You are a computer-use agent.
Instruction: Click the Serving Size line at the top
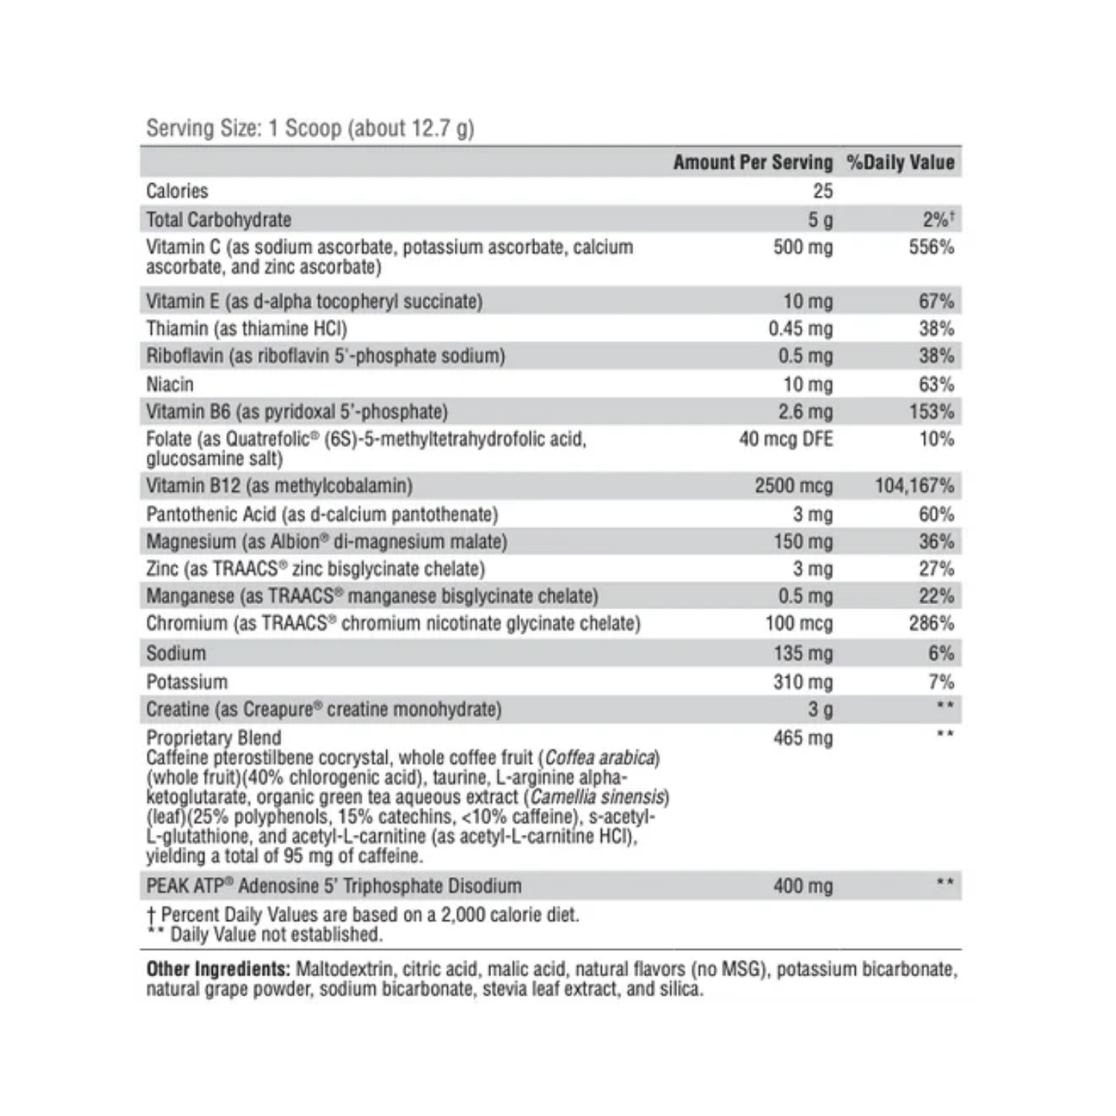[x=310, y=127]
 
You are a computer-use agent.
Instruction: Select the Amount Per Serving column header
[x=752, y=162]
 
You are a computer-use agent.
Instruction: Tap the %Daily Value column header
[x=900, y=162]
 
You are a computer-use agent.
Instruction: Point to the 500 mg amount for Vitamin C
[x=802, y=247]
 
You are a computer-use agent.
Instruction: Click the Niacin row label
[x=170, y=384]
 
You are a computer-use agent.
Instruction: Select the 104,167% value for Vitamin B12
[x=914, y=486]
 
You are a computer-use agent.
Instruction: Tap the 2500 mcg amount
[x=793, y=486]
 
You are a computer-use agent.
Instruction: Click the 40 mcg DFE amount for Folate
[x=785, y=439]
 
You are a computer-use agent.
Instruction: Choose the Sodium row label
[x=176, y=653]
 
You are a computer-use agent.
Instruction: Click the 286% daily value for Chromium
[x=931, y=623]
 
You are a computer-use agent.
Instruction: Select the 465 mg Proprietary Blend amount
[x=802, y=738]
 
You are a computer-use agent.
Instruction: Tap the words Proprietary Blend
[x=213, y=738]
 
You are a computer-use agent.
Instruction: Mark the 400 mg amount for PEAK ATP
[x=802, y=886]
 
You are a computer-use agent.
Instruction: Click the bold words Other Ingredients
[x=218, y=969]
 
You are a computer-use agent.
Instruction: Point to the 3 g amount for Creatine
[x=819, y=709]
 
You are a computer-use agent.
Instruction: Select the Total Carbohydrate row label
[x=219, y=219]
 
